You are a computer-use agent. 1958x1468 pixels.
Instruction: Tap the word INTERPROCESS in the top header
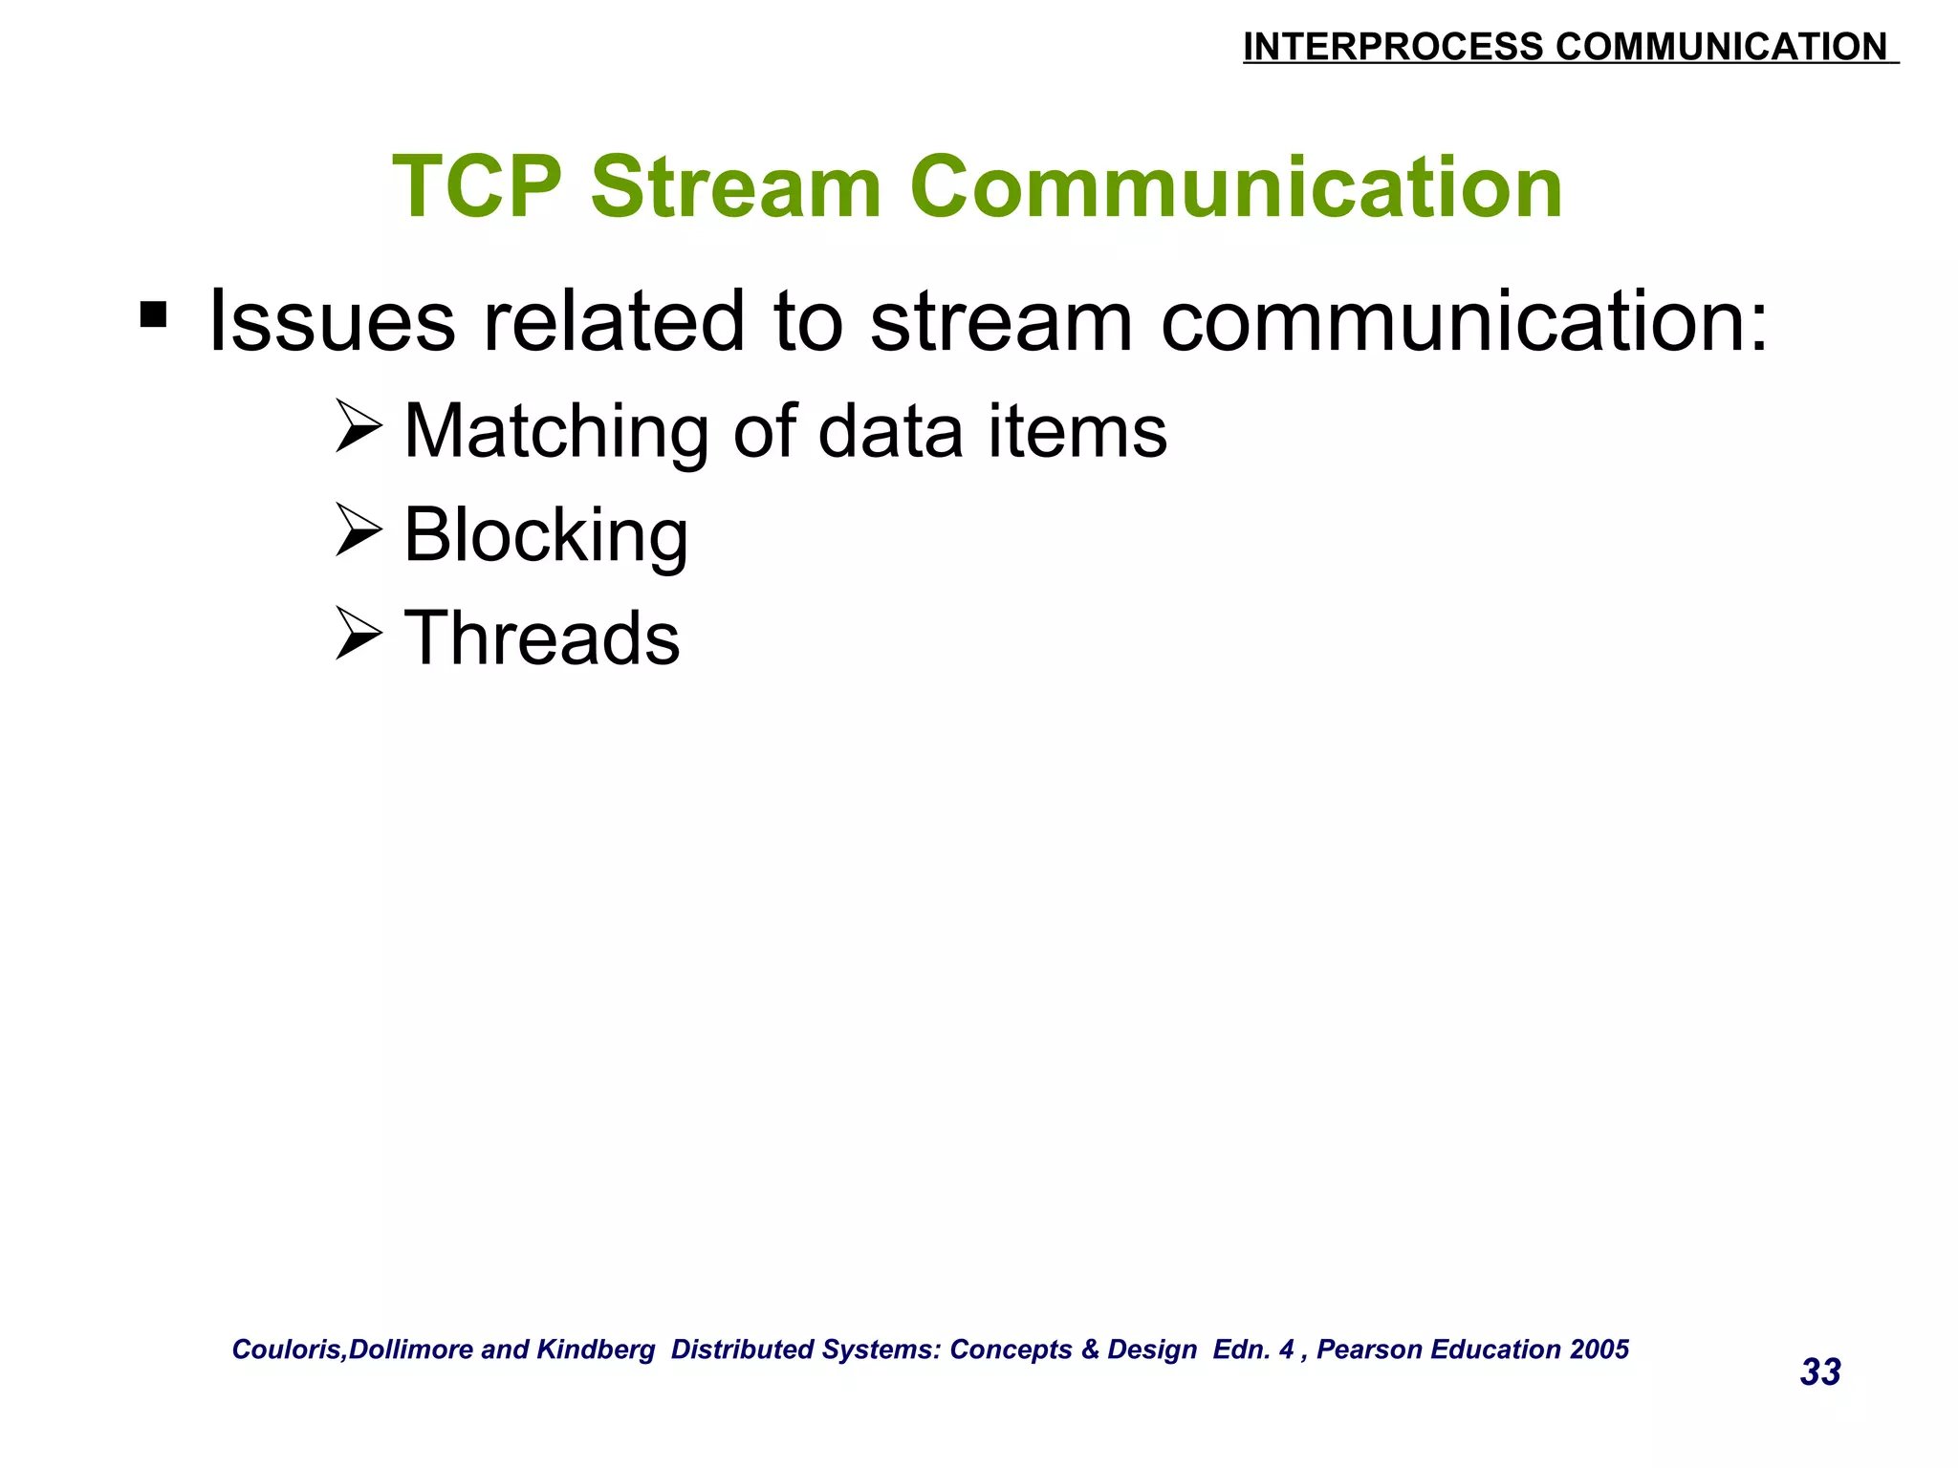[x=1392, y=47]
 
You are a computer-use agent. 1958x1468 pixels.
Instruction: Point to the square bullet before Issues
[x=153, y=314]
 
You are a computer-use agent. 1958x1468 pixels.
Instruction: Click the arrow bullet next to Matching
[x=359, y=427]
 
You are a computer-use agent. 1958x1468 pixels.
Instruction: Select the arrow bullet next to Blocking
[x=359, y=531]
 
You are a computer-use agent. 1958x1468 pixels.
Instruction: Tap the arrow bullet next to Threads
[x=359, y=636]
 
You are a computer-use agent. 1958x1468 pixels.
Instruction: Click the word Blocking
[x=545, y=535]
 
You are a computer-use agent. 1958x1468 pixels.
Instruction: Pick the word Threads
[x=542, y=638]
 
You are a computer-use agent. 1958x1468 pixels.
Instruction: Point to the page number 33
[x=1820, y=1372]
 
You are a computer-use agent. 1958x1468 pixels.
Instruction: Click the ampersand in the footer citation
[x=1090, y=1349]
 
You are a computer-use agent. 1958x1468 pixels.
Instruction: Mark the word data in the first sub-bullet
[x=890, y=432]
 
